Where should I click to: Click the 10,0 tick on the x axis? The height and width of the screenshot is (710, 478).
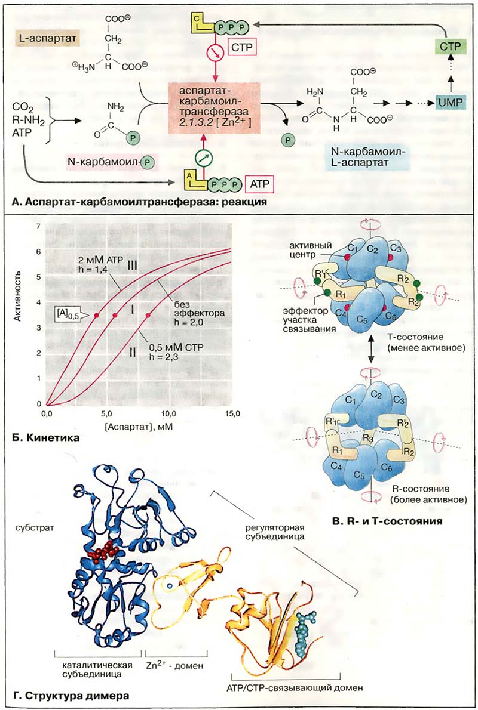pyautogui.click(x=169, y=413)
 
